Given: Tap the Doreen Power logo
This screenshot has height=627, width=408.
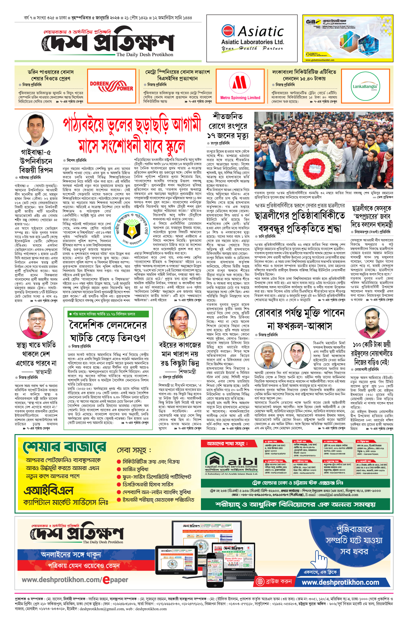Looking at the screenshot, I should (x=112, y=86).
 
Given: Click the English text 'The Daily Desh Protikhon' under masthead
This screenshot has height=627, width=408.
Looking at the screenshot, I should (x=144, y=54).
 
